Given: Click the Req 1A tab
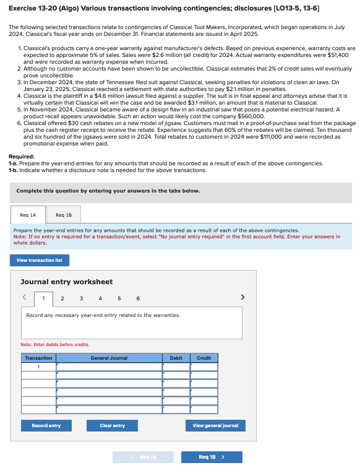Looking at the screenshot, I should coord(28,215).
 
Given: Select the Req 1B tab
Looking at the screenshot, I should coord(64,215).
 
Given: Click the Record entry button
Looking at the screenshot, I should coord(46,425).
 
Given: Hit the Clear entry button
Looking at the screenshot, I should coord(113,425).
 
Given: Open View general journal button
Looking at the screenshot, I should coord(215,425).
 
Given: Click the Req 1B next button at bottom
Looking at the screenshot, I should coord(211,457).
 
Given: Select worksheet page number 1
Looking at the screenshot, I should coord(43,298).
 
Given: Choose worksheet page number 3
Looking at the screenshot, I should coord(82,298).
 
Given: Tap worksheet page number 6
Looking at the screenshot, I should coord(137,298).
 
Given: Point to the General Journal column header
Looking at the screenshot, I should coord(109,358).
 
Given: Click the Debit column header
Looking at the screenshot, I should coord(176,358).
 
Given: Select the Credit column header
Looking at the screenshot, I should coord(204,358).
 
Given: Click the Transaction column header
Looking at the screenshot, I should coord(38,358).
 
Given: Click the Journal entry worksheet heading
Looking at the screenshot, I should coord(66,282).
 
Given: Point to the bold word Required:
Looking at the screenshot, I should coord(22,157).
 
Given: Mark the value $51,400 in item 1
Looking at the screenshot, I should coord(338,54).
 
